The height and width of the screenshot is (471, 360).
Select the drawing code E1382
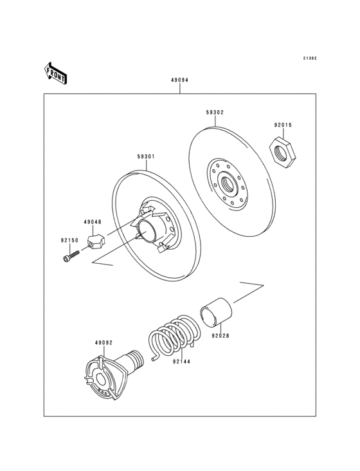click(310, 59)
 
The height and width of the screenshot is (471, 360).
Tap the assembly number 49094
click(179, 81)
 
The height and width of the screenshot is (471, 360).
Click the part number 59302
click(215, 112)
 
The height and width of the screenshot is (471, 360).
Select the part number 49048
click(92, 222)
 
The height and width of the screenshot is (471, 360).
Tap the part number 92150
click(69, 240)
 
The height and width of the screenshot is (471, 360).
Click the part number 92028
click(220, 336)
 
